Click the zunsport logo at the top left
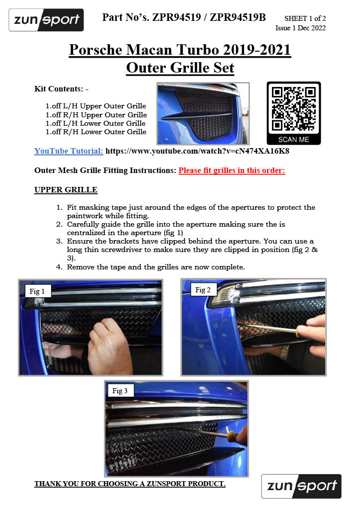coord(46,20)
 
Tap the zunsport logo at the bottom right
coord(301,486)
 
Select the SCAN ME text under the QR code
coord(293,140)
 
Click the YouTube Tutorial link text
coord(69,151)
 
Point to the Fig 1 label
coord(37,291)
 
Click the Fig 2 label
coord(203,290)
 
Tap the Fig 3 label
coord(120,391)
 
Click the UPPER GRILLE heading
coord(66,189)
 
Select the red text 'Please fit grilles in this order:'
coord(232,170)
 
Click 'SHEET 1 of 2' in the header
coord(305,18)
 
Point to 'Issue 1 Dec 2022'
coord(301,28)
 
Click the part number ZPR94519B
coord(238,17)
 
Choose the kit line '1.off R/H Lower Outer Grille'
coord(96,132)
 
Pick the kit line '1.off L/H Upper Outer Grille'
coord(96,106)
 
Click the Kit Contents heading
coord(61,89)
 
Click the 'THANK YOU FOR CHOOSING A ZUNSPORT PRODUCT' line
coord(130,484)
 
